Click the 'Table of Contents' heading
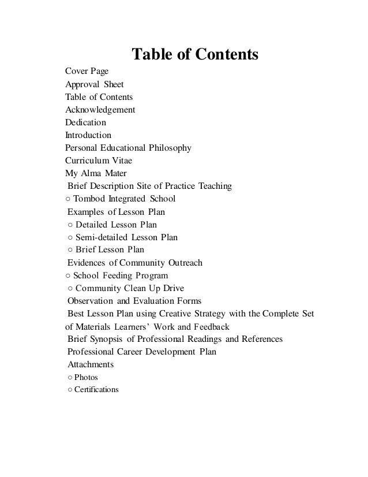195,55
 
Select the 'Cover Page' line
87,72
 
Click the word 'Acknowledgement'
100,110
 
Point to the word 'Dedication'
85,122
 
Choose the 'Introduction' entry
88,135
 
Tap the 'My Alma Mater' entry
96,173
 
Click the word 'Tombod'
89,199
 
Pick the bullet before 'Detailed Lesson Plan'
70,224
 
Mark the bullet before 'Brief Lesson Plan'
70,249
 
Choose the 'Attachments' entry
91,364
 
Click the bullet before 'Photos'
69,377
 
